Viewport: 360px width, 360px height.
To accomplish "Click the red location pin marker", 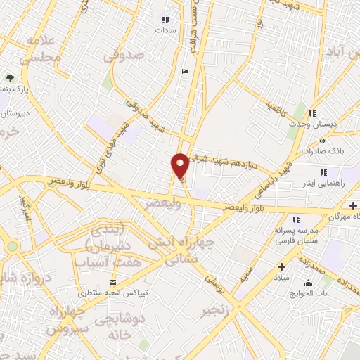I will [180, 165].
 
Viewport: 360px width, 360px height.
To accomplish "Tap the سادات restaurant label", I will [165, 31].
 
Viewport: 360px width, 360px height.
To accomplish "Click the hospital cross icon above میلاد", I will [281, 267].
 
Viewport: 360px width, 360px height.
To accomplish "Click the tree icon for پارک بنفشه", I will [9, 78].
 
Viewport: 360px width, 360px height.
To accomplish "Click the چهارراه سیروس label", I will [68, 319].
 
